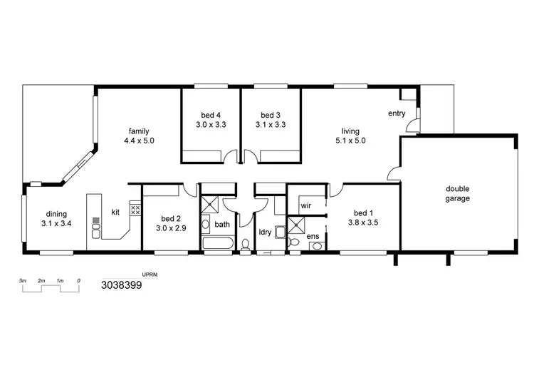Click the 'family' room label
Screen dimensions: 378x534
139,131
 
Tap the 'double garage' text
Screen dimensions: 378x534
458,193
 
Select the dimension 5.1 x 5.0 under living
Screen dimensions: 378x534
350,141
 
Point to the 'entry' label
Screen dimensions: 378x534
397,113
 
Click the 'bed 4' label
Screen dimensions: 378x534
210,115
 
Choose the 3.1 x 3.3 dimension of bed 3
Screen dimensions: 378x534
271,124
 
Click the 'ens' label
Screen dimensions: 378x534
313,236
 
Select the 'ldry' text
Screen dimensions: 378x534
265,232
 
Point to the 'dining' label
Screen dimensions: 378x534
57,213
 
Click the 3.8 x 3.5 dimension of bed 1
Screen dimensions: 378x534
362,222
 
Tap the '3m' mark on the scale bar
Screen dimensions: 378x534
23,281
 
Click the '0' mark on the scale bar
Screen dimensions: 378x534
78,281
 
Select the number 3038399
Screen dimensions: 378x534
122,285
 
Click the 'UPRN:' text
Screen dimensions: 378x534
150,273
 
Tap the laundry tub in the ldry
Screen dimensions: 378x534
281,230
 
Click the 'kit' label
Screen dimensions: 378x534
115,212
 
